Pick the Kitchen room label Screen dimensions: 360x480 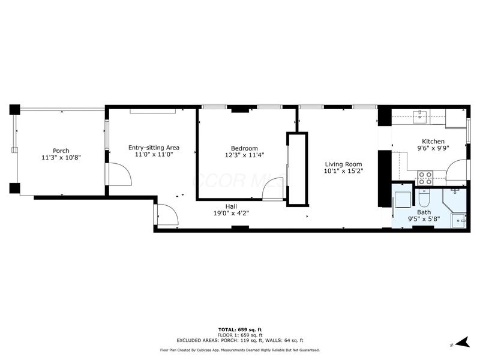(433, 142)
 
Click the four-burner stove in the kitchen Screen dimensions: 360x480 (425, 176)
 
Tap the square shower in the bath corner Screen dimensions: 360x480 (459, 220)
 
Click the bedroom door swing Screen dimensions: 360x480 (273, 191)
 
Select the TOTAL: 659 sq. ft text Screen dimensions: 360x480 (240, 329)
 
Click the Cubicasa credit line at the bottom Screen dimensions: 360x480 (240, 350)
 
